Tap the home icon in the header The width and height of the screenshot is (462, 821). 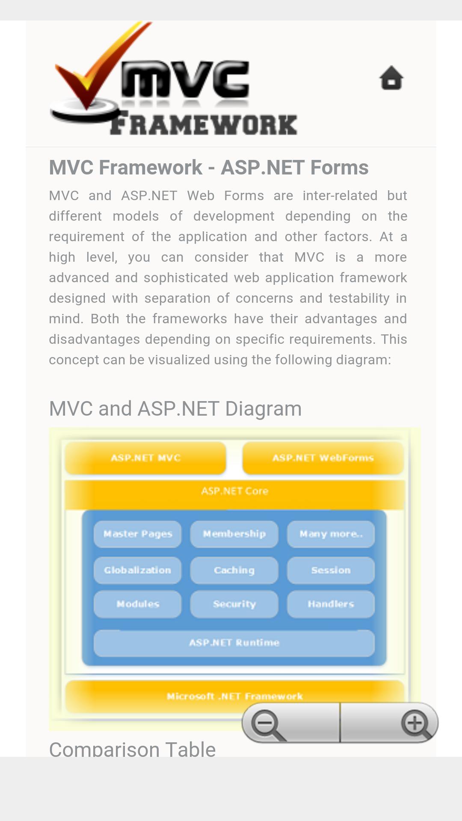[x=391, y=78]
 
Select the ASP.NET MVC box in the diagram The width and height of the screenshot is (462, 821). [x=145, y=458]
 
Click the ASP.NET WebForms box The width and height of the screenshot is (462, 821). [x=323, y=458]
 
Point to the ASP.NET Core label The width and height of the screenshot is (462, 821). [x=234, y=491]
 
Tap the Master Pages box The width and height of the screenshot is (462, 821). [x=138, y=534]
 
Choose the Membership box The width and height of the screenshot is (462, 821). [x=234, y=534]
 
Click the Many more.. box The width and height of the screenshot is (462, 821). [x=331, y=534]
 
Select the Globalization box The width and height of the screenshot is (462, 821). [x=138, y=570]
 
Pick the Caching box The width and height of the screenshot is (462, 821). [x=234, y=570]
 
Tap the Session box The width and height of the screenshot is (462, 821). [x=331, y=570]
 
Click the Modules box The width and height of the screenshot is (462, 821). [x=138, y=604]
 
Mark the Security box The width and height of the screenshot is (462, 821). [x=234, y=604]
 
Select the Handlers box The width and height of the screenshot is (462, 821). [x=331, y=604]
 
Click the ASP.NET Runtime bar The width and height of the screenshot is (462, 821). [x=234, y=643]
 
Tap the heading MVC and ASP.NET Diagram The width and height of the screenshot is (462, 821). [x=175, y=409]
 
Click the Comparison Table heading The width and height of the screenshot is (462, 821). [x=133, y=749]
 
